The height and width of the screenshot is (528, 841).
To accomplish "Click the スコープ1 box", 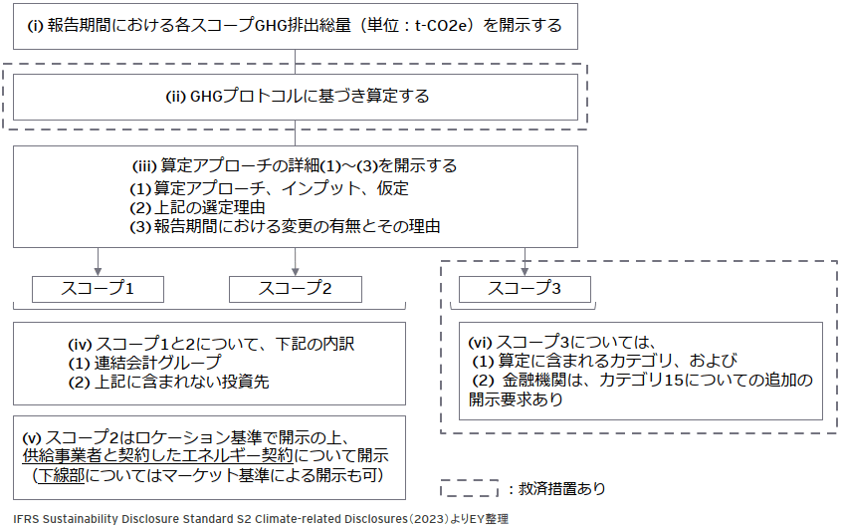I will click(x=98, y=289).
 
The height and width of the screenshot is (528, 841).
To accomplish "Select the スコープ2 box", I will click(x=296, y=289).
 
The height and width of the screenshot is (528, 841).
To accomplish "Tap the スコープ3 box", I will click(x=525, y=289).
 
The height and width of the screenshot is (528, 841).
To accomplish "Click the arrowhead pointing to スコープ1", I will click(x=98, y=269).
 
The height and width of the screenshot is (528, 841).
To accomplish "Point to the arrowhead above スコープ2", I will click(x=296, y=269).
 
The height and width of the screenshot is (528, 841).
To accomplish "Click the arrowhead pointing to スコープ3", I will click(x=525, y=269).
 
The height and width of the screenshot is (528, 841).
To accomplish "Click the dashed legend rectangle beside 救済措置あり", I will click(x=469, y=488).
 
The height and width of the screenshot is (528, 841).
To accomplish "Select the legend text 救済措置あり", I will click(x=562, y=489).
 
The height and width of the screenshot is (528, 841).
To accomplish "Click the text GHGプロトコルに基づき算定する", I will click(x=298, y=97).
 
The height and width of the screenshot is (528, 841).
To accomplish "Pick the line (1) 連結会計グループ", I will click(x=143, y=363).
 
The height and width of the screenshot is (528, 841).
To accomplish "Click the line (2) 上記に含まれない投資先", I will click(x=168, y=382).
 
